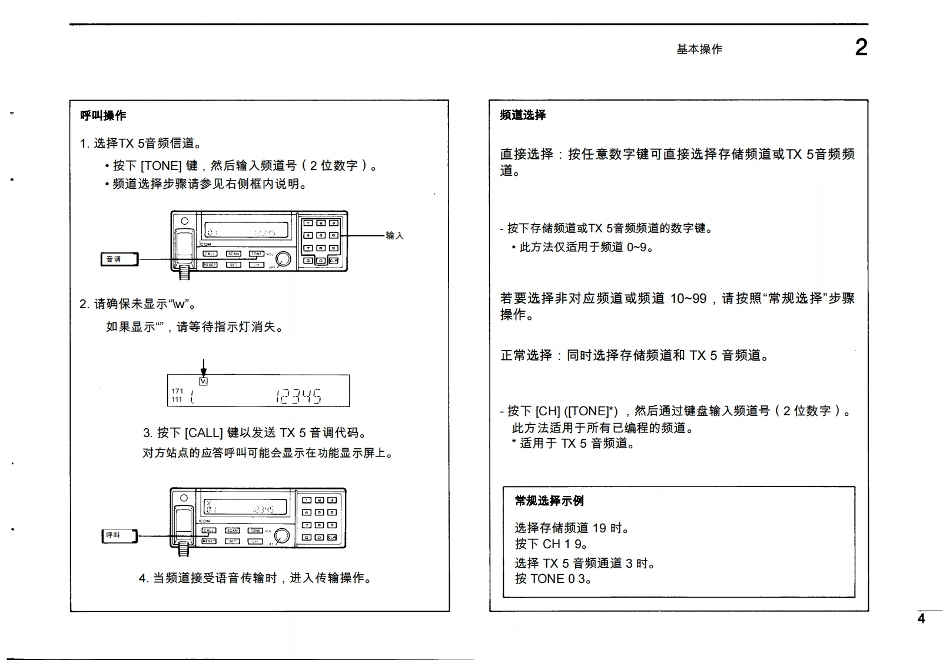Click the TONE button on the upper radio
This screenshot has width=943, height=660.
[x=256, y=254]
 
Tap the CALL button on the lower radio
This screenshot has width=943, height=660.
[x=208, y=530]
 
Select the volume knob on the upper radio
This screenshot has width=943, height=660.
[x=283, y=259]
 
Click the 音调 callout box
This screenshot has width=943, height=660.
[x=119, y=259]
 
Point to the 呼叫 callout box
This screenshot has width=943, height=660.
[x=119, y=535]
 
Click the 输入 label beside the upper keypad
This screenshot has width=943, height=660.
[x=394, y=235]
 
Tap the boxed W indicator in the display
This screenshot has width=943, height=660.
[x=204, y=381]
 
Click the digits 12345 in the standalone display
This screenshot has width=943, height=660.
[x=298, y=396]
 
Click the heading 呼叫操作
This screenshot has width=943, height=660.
[x=103, y=115]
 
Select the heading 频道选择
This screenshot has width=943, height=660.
[x=523, y=115]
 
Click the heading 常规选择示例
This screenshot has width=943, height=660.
[x=549, y=501]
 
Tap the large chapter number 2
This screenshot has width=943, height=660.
[x=861, y=47]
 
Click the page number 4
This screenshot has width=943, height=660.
[x=921, y=618]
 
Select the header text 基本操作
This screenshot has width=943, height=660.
[x=699, y=49]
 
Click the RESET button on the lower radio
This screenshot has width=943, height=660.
[x=209, y=541]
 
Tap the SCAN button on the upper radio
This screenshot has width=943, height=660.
[x=234, y=254]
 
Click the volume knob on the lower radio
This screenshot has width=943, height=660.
[x=282, y=535]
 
